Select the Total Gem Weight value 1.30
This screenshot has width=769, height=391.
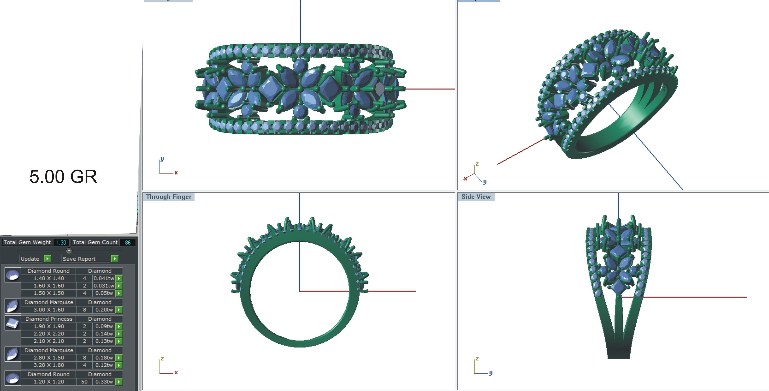(61, 242)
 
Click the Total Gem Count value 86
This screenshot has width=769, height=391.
(128, 242)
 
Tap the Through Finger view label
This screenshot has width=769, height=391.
(169, 197)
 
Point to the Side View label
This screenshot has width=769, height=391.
(476, 197)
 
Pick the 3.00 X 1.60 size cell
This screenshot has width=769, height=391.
(49, 310)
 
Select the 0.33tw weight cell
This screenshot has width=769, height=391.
(104, 382)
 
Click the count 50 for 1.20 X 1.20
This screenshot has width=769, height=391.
(84, 382)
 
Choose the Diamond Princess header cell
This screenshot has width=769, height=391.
(49, 319)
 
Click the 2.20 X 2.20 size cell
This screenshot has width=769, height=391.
(49, 334)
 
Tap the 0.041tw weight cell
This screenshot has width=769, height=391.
(104, 278)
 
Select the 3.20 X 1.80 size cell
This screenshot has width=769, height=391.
(49, 365)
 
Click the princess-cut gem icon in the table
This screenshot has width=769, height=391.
(12, 323)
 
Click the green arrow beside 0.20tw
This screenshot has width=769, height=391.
(119, 310)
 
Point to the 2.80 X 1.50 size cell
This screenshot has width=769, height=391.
(49, 358)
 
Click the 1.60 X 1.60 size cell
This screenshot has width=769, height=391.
(49, 286)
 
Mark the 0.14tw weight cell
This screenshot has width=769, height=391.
(104, 334)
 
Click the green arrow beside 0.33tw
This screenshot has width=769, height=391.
(119, 382)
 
